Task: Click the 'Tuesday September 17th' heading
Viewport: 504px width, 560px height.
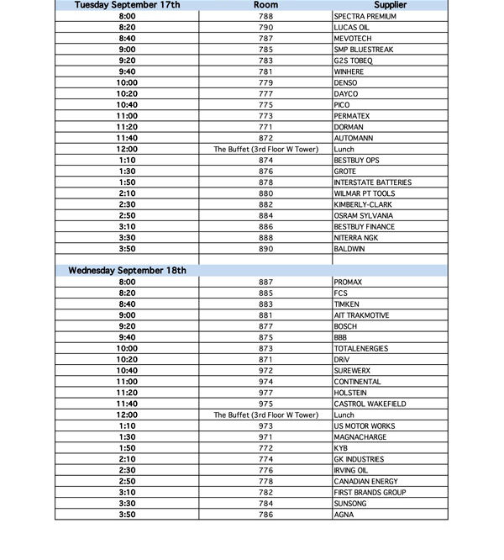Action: click(127, 5)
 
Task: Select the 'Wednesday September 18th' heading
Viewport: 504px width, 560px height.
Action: click(127, 271)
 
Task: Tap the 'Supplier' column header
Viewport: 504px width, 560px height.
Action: click(390, 5)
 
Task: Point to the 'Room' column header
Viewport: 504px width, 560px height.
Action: click(265, 5)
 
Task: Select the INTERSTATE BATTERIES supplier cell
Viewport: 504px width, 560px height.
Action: click(372, 182)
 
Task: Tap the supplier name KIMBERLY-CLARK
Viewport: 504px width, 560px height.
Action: click(364, 204)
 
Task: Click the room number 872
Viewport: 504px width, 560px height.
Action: click(265, 138)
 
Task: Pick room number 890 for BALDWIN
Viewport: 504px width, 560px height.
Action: click(265, 249)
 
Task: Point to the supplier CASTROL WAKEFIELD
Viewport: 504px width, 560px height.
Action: click(370, 404)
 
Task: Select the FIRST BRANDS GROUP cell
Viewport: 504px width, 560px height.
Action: click(370, 492)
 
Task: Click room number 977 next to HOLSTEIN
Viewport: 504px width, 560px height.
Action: click(265, 393)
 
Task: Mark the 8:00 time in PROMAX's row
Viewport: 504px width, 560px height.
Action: click(127, 283)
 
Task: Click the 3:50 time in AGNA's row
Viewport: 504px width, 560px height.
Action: click(127, 514)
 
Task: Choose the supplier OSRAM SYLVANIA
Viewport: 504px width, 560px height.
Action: click(364, 216)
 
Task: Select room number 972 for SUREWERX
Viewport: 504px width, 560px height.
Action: click(265, 371)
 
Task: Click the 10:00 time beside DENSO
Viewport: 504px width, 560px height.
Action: click(127, 83)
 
